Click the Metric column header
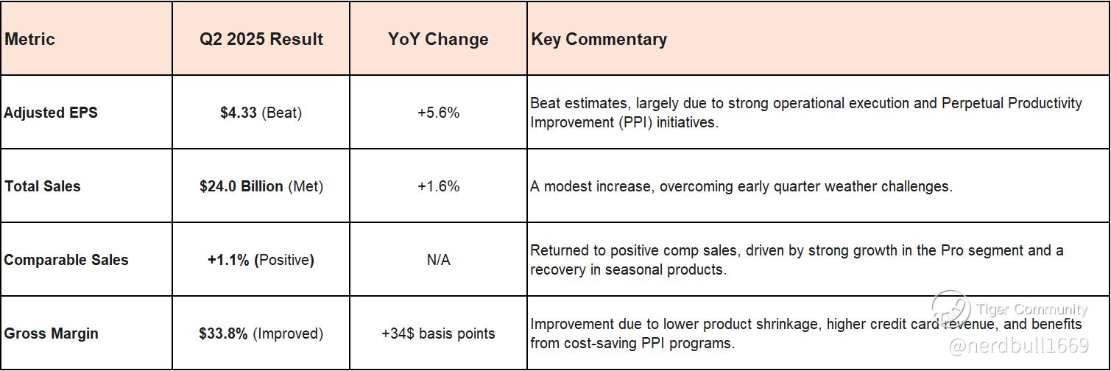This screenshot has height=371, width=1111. (x=29, y=39)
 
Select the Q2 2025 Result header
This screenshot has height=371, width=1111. (x=261, y=39)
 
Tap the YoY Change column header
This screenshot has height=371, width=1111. (x=438, y=39)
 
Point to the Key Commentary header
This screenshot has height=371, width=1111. (x=599, y=39)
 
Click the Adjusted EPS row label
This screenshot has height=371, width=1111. (x=51, y=113)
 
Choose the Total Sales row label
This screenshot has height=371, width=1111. (x=42, y=186)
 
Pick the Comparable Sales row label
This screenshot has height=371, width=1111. (x=66, y=260)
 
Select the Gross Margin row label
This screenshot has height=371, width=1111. (x=51, y=333)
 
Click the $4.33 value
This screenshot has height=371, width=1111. (x=238, y=113)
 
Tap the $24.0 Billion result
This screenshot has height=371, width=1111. (x=241, y=186)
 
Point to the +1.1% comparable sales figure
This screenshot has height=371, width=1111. (x=228, y=260)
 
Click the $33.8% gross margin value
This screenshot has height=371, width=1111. (x=223, y=333)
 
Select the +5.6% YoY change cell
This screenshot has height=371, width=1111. (x=439, y=113)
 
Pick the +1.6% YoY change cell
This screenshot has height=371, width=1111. (x=439, y=186)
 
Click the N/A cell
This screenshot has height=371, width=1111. (x=439, y=260)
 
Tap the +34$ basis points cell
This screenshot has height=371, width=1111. (x=438, y=333)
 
